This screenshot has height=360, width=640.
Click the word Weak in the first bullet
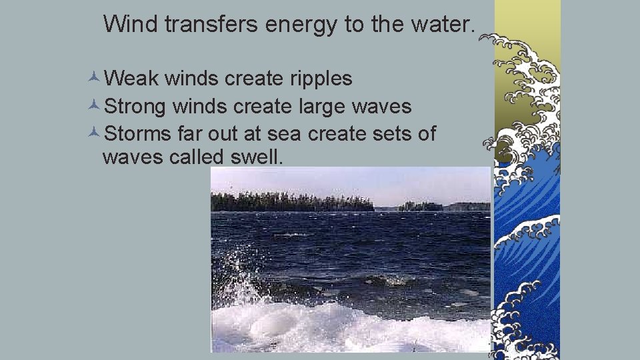[131, 79]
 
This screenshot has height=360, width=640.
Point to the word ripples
[321, 79]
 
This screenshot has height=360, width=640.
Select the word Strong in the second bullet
[136, 106]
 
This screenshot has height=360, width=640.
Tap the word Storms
[138, 133]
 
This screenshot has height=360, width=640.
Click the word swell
[257, 158]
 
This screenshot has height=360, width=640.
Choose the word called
[197, 158]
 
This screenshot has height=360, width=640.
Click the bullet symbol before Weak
[94, 79]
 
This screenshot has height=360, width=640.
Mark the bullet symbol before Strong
[94, 106]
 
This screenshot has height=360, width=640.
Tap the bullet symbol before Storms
[94, 133]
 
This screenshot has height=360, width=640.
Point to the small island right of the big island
[420, 206]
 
